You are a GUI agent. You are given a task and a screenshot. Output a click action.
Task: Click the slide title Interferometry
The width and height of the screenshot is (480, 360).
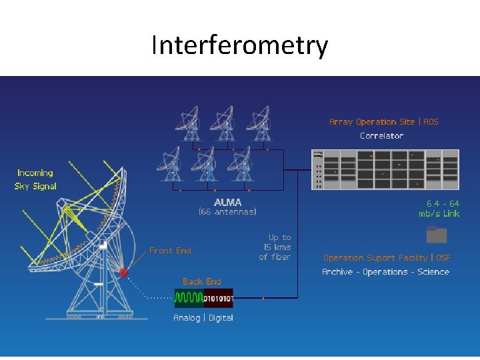point(239,46)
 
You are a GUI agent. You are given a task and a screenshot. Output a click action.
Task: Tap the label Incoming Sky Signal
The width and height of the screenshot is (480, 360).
point(36,179)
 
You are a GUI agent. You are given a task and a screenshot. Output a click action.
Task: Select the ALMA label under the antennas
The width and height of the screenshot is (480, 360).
point(228,202)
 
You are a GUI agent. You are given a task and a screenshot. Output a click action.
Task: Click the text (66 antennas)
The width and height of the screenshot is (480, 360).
point(228,212)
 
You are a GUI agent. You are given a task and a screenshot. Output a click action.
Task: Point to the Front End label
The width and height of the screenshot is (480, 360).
point(170,251)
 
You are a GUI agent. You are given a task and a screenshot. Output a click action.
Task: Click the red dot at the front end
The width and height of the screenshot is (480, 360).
point(123,273)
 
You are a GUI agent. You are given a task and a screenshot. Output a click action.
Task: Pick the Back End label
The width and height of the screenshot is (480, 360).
point(202,281)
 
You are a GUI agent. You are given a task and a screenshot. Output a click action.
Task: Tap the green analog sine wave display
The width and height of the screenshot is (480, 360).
point(189,297)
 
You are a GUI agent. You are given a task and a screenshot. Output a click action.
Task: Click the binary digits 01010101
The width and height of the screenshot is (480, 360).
point(217,297)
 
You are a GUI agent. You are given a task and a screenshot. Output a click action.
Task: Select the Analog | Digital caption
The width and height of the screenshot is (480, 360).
point(203,318)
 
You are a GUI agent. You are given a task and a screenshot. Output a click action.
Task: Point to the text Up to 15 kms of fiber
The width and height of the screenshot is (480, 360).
point(275,247)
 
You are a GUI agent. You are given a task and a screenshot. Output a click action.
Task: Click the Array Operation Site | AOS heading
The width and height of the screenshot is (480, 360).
point(384,122)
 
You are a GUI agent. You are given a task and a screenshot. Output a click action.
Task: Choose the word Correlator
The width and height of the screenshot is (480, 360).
point(381,135)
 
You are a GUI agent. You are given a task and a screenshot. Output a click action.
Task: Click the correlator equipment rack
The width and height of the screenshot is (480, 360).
point(385,169)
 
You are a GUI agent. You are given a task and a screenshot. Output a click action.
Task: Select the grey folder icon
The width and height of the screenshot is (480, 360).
point(437,235)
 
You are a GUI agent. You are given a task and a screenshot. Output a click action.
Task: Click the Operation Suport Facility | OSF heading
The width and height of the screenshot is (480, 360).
point(387,257)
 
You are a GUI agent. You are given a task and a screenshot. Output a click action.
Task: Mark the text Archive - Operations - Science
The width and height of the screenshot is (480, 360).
point(385,272)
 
